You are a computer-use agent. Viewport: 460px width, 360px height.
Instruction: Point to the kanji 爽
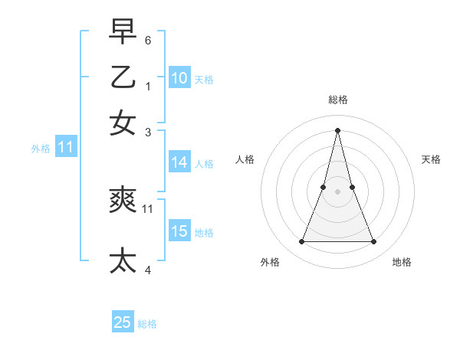(x=123, y=201)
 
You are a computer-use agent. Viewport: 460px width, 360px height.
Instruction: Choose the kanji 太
(x=123, y=260)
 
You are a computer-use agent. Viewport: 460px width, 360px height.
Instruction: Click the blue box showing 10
(x=179, y=78)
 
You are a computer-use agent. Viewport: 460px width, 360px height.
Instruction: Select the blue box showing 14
(x=179, y=162)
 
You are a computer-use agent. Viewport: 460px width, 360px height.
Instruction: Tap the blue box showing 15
(x=179, y=231)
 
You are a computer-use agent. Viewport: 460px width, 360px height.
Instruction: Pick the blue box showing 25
(x=123, y=322)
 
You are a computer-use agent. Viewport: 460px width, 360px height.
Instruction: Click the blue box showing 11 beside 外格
(x=65, y=147)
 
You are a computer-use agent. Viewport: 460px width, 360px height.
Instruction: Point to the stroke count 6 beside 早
(x=148, y=39)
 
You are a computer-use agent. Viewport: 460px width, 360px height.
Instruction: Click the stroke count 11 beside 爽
(x=148, y=208)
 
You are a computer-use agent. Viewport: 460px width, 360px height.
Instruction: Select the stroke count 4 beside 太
(x=148, y=269)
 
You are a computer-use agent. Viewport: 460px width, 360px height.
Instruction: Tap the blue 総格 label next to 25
(x=147, y=324)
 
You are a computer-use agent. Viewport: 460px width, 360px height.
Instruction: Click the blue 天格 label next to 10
(x=204, y=80)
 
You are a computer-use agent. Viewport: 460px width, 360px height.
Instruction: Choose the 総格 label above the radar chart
(x=338, y=100)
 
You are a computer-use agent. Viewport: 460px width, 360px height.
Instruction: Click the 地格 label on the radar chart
(x=402, y=263)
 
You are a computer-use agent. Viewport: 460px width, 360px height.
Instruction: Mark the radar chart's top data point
(x=338, y=129)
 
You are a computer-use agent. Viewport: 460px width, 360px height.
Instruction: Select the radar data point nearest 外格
(x=301, y=242)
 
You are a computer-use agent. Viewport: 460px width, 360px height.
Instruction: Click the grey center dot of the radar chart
(x=338, y=191)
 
